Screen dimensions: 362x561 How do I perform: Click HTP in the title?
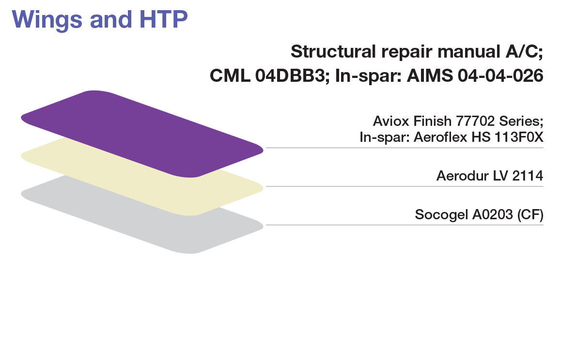tap(162, 19)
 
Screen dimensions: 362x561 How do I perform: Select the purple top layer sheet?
tap(140, 131)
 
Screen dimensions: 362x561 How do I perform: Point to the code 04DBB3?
tap(291, 76)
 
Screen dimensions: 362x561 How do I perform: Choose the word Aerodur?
tap(459, 176)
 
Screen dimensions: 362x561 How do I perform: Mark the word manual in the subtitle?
tap(457, 51)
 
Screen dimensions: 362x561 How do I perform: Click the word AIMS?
tap(430, 76)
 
